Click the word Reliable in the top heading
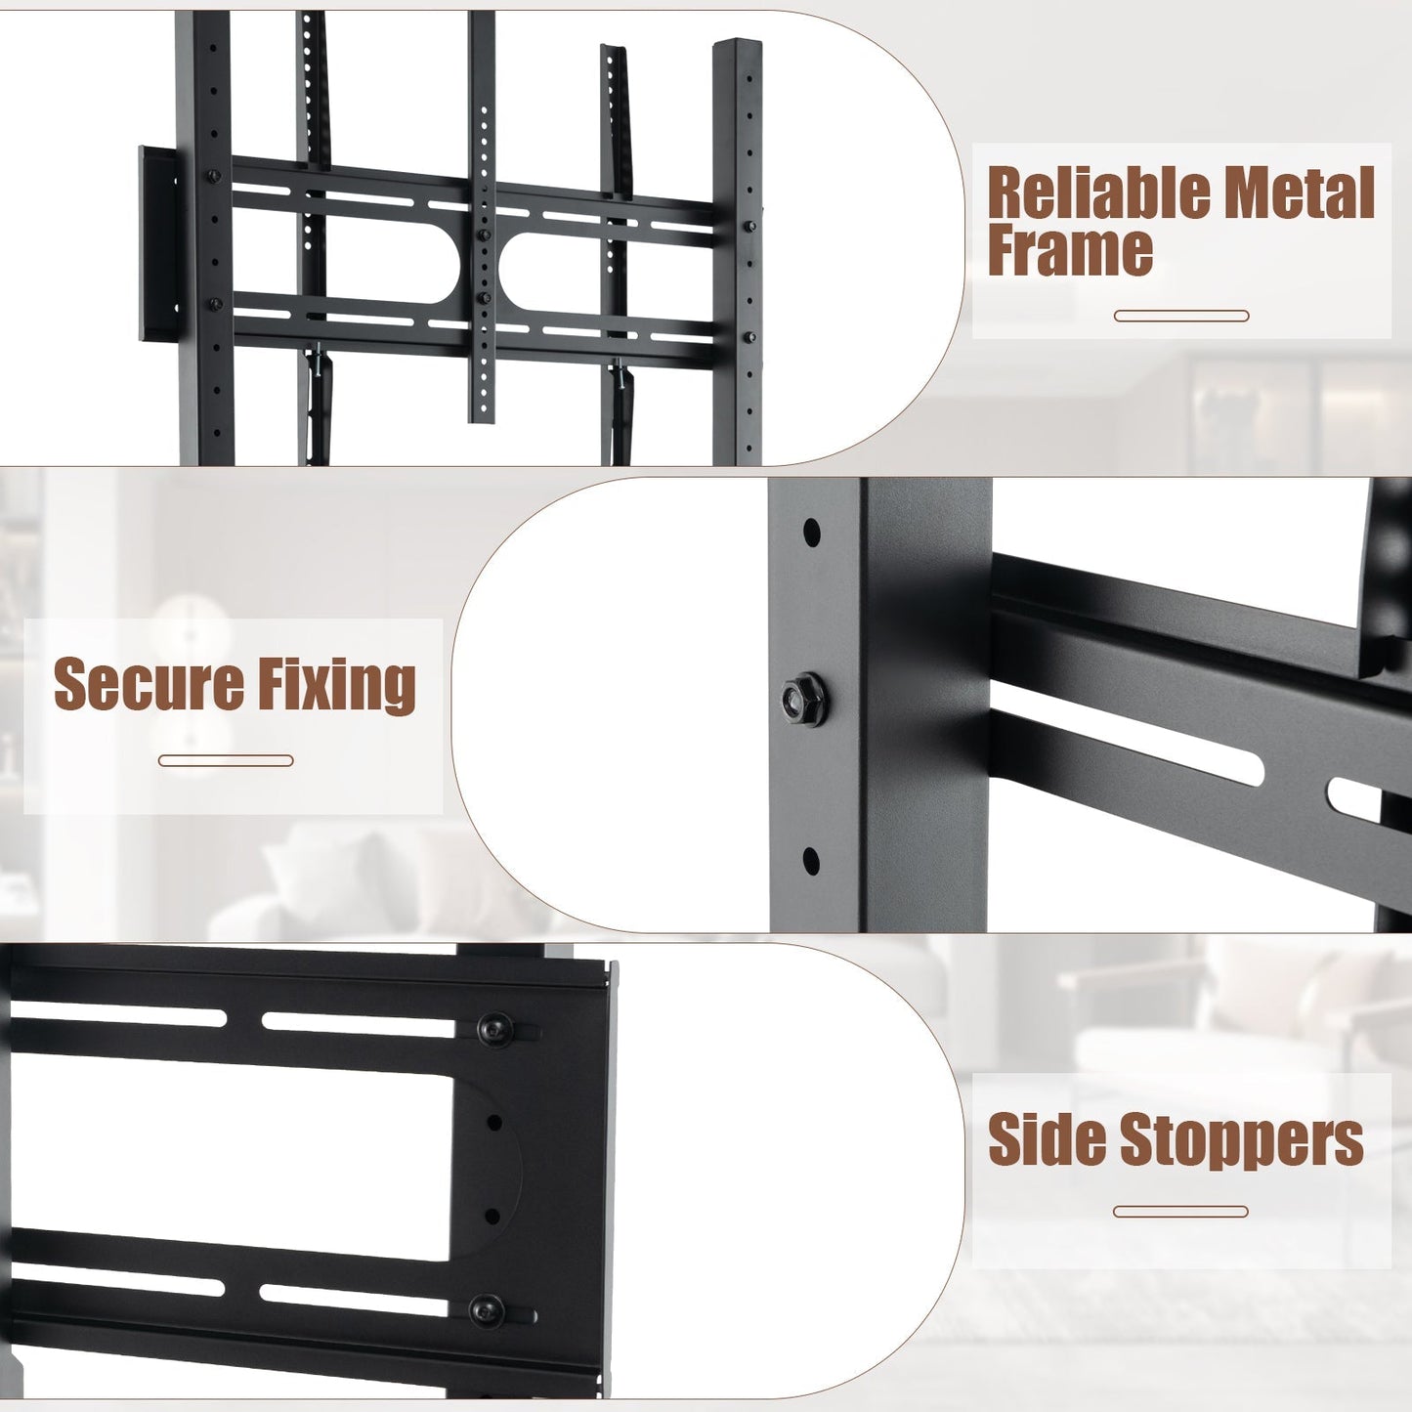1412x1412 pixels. (1098, 193)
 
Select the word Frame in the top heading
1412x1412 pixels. (1070, 250)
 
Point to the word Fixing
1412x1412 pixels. (337, 684)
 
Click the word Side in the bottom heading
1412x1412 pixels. (1047, 1139)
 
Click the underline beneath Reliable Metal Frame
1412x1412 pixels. (1181, 316)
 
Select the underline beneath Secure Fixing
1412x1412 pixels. (226, 760)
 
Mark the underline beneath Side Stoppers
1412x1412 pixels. (1180, 1212)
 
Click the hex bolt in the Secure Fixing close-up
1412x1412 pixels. (803, 699)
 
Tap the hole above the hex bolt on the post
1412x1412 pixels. (811, 534)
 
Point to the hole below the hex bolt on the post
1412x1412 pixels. (811, 862)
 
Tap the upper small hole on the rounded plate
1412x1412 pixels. (494, 1123)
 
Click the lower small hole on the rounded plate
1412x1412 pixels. (492, 1217)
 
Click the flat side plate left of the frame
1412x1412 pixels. (157, 244)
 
